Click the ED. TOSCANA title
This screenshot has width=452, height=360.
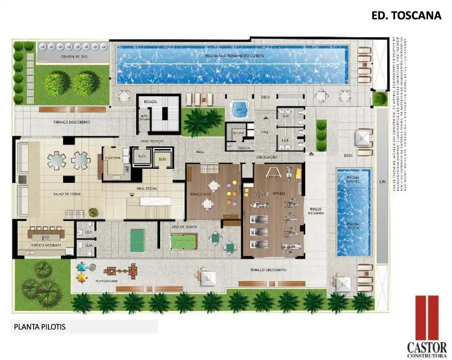tap(406, 16)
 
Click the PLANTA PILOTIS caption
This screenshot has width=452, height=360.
tap(40, 327)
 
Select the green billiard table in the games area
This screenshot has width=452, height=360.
tap(183, 242)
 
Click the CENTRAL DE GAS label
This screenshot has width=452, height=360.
tap(74, 57)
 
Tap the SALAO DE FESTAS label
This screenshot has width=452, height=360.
tap(67, 194)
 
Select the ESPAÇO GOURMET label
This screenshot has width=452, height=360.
tap(46, 245)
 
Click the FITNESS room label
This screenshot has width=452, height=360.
tap(279, 194)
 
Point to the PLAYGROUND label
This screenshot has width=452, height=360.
tap(106, 281)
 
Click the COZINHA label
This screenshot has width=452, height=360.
tap(113, 158)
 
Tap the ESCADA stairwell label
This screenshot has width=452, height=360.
tap(150, 102)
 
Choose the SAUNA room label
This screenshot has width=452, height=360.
tap(238, 133)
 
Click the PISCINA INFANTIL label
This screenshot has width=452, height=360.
tap(353, 179)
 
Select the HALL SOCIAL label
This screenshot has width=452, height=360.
tap(147, 188)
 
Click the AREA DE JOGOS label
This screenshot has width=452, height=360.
tap(184, 227)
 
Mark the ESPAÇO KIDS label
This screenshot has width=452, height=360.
tap(200, 194)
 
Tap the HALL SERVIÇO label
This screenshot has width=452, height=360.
tap(152, 141)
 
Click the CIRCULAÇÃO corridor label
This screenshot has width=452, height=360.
tap(267, 157)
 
